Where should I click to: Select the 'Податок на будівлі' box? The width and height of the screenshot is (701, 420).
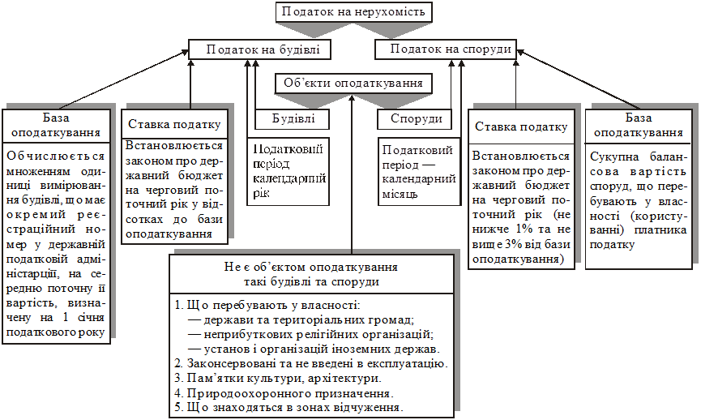[x=254, y=49]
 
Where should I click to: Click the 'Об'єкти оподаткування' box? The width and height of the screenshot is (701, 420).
[x=353, y=83]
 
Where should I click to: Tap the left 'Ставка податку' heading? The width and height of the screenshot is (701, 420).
[x=173, y=125]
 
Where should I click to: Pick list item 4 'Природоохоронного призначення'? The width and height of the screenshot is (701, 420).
[x=284, y=392]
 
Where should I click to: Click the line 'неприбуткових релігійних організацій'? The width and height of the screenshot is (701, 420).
[x=311, y=334]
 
